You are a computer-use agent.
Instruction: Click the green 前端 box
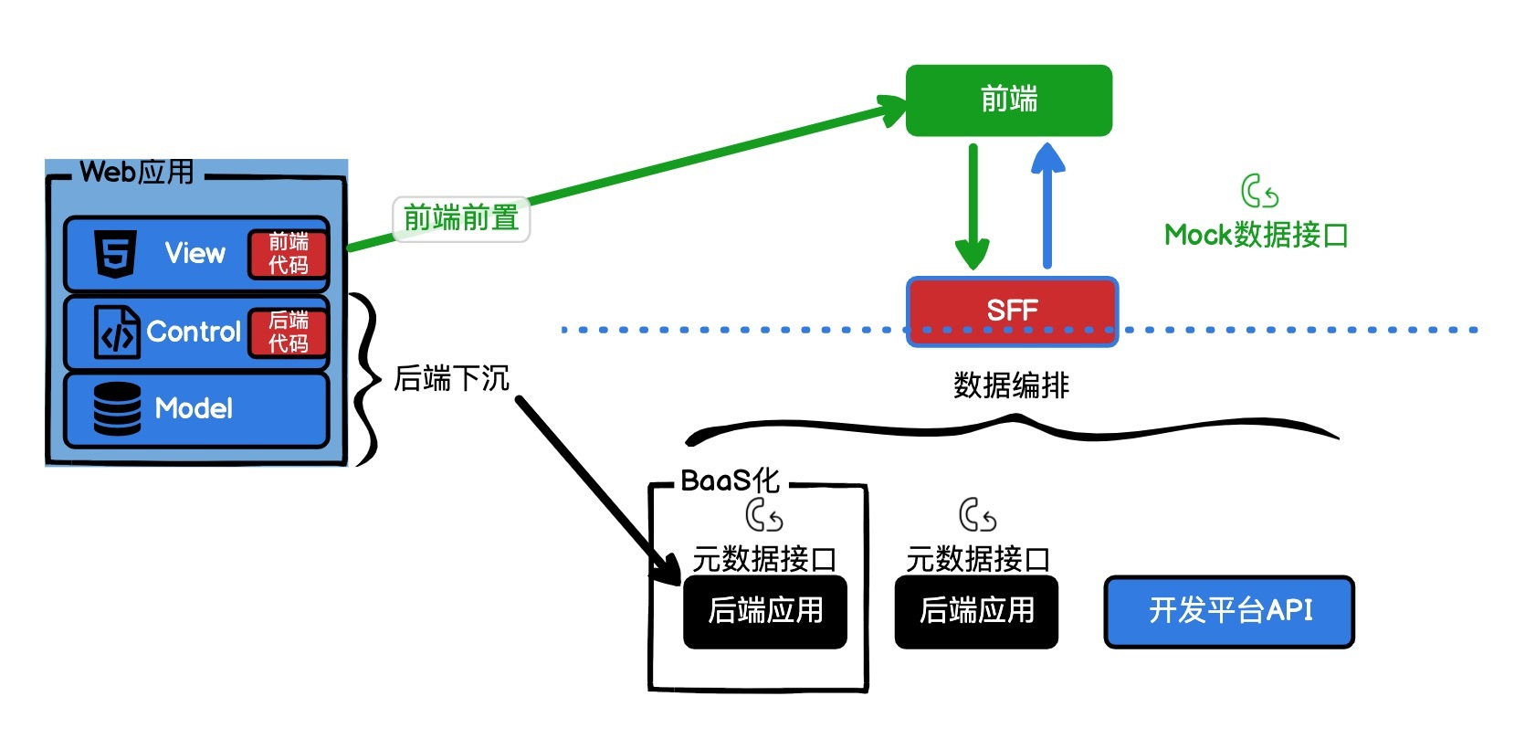pyautogui.click(x=1008, y=100)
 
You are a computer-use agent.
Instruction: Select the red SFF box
pyautogui.click(x=1012, y=311)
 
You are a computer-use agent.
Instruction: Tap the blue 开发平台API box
pyautogui.click(x=1229, y=611)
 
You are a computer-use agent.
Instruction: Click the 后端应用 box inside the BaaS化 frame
pyautogui.click(x=765, y=611)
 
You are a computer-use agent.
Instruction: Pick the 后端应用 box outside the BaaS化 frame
pyautogui.click(x=976, y=611)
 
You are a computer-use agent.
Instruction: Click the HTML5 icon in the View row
pyautogui.click(x=116, y=254)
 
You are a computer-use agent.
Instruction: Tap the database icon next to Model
pyautogui.click(x=117, y=409)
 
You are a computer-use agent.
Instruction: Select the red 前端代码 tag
pyautogui.click(x=288, y=254)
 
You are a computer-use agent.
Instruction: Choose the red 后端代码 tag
pyautogui.click(x=288, y=332)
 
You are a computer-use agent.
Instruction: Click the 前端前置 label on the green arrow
pyautogui.click(x=461, y=219)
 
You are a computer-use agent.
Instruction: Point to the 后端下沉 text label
pyautogui.click(x=451, y=378)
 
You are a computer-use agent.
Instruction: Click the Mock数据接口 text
pyautogui.click(x=1257, y=236)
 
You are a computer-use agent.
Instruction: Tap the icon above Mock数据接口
pyautogui.click(x=1259, y=192)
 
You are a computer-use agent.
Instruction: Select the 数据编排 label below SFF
pyautogui.click(x=1011, y=385)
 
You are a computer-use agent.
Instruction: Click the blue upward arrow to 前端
pyautogui.click(x=1047, y=206)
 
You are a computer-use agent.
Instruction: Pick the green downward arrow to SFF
pyautogui.click(x=973, y=206)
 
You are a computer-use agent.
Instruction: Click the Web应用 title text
pyautogui.click(x=137, y=172)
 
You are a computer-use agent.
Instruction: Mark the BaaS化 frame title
pyautogui.click(x=730, y=480)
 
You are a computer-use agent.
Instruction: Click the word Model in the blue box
pyautogui.click(x=194, y=409)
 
